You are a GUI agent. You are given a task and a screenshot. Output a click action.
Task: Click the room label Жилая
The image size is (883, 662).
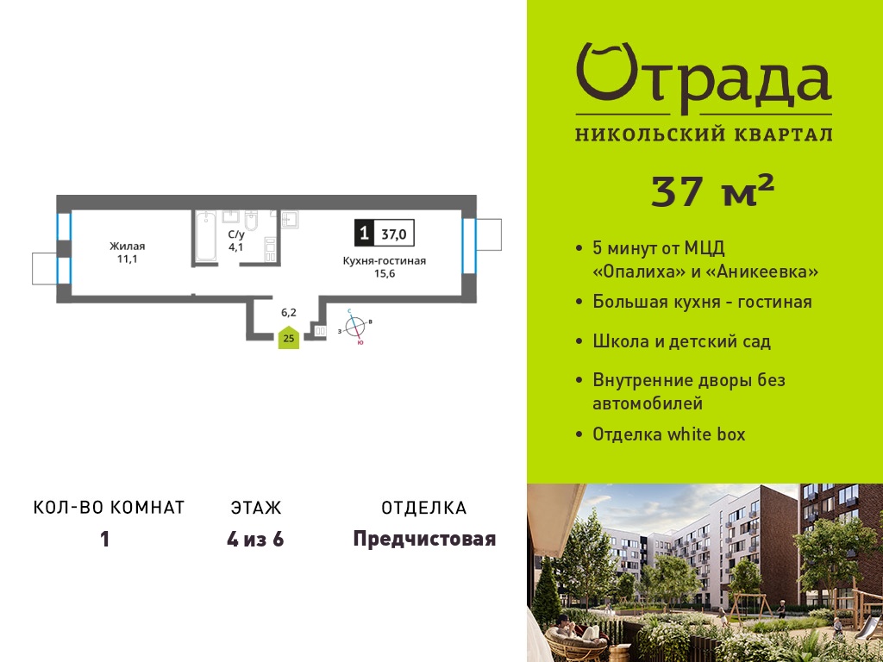pyautogui.click(x=128, y=246)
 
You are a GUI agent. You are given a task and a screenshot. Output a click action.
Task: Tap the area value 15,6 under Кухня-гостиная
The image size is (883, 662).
pyautogui.click(x=385, y=274)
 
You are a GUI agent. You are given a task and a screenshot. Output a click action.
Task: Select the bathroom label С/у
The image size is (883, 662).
pyautogui.click(x=235, y=234)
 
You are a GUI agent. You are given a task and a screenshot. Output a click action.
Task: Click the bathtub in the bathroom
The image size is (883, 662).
pyautogui.click(x=205, y=236)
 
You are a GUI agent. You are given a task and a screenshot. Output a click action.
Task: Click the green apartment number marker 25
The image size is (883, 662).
pyautogui.click(x=289, y=337)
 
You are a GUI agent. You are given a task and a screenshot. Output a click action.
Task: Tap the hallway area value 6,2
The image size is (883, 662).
pyautogui.click(x=289, y=312)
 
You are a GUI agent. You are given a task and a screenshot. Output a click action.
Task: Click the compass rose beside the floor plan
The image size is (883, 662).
pyautogui.click(x=354, y=327)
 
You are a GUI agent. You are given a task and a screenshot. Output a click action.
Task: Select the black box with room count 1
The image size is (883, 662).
pyautogui.click(x=365, y=233)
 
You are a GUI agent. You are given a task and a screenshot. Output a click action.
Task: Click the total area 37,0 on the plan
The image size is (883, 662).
pyautogui.click(x=394, y=234)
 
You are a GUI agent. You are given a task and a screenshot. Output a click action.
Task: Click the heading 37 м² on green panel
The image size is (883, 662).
pyautogui.click(x=712, y=190)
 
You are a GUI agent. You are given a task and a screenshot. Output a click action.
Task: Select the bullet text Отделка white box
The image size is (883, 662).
pyautogui.click(x=669, y=434)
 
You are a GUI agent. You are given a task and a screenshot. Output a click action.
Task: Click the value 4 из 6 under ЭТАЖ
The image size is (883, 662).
pyautogui.click(x=255, y=540)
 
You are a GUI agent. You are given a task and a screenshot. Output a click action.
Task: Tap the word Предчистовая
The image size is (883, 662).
pyautogui.click(x=424, y=540)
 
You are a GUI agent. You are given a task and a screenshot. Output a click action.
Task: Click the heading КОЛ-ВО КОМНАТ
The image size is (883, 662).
pyautogui.click(x=110, y=508)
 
